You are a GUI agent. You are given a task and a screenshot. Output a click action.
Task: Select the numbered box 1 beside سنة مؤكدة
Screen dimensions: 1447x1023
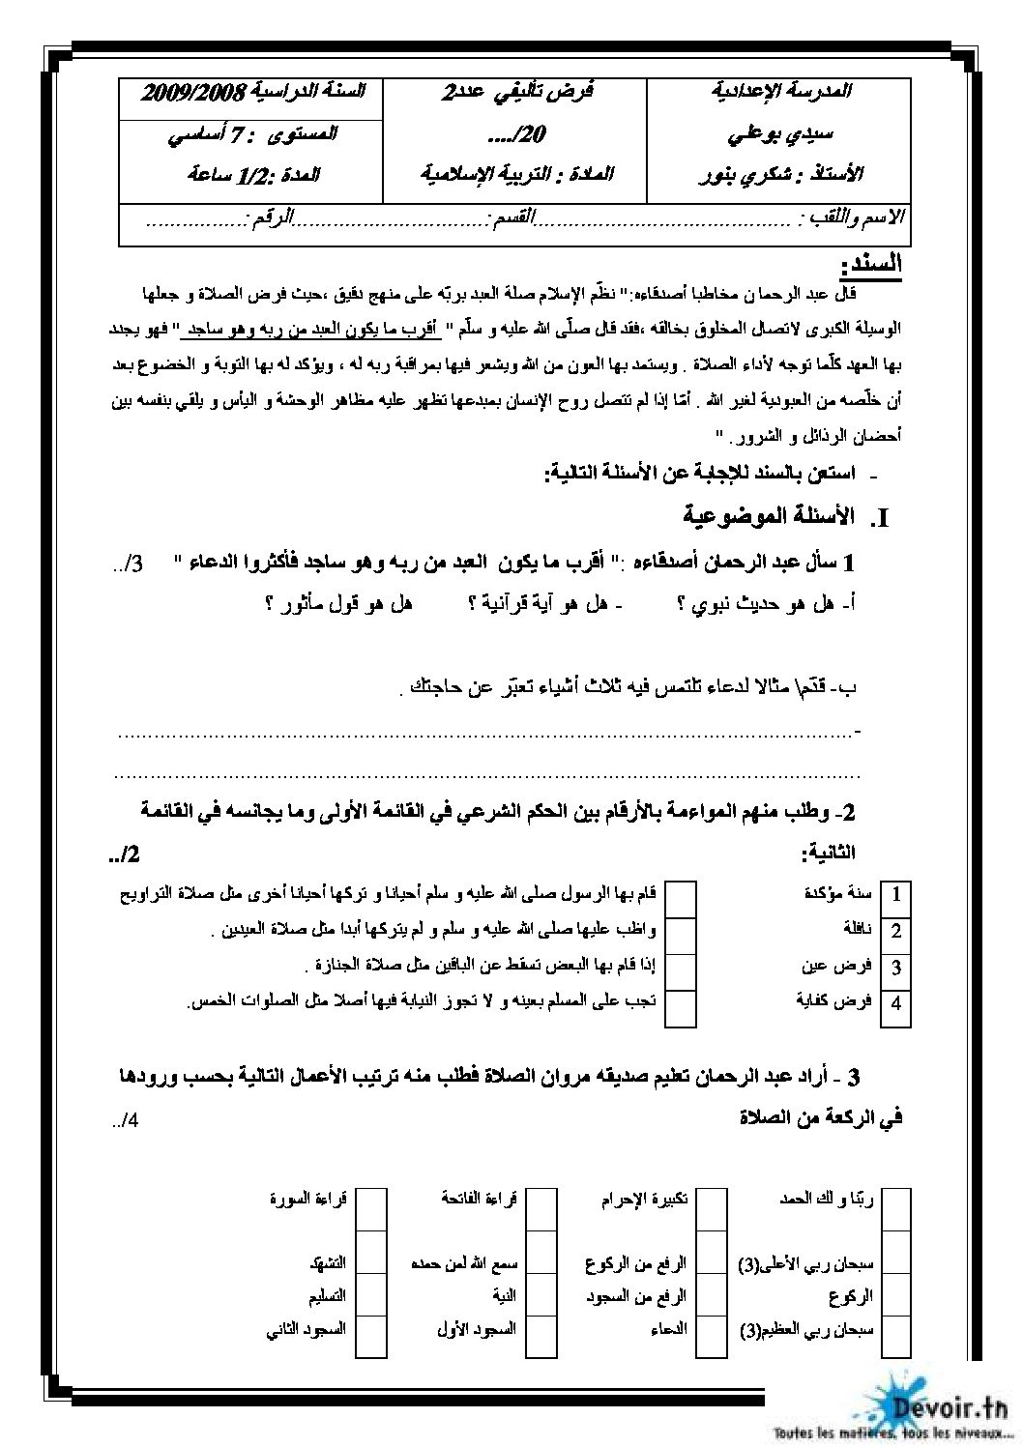coord(896,895)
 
